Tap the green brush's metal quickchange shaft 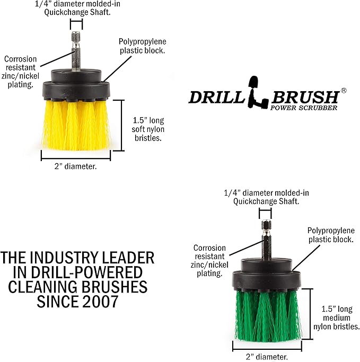266,240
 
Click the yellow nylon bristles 76,125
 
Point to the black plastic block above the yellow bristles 76,85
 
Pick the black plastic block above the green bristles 267,275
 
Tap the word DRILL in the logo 216,97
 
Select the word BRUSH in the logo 305,97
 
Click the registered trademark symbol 344,91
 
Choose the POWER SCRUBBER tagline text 304,108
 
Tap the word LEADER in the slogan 128,258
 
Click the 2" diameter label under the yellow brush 75,166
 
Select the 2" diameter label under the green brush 267,357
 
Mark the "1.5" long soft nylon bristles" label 148,129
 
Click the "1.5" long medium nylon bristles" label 337,317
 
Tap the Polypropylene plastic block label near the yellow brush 142,46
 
